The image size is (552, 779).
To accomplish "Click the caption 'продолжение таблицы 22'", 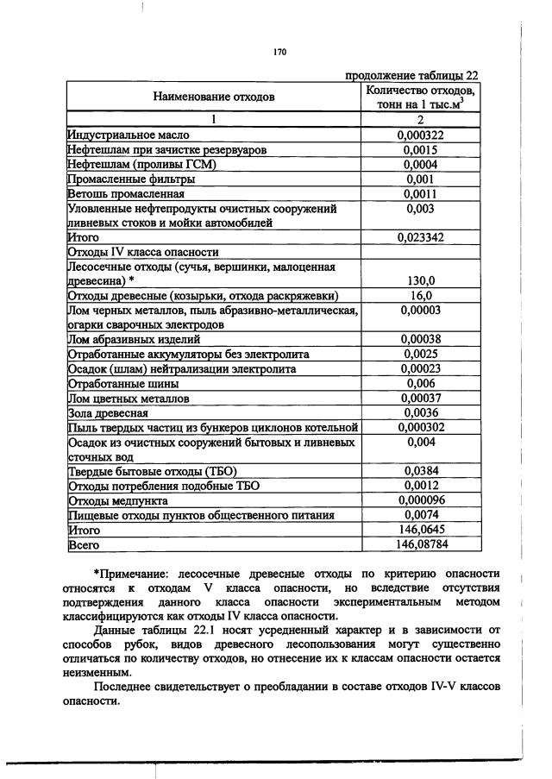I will coord(411,75).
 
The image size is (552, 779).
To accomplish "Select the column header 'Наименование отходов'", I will coord(214,96).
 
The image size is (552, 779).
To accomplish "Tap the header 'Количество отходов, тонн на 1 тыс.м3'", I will coord(420,96).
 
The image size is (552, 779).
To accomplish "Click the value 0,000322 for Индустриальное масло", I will coord(420,135).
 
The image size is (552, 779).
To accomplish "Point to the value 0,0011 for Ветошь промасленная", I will coord(420,193).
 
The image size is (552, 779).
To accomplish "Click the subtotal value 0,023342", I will coord(420,237).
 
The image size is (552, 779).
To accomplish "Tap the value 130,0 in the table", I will coord(420,281).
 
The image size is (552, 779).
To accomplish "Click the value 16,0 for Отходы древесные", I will coord(420,296).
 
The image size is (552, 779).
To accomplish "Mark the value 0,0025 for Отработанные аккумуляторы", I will coord(420,355).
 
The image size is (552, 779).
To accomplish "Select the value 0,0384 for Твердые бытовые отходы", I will coord(420,471).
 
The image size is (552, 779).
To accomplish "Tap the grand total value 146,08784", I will coord(420,544).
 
